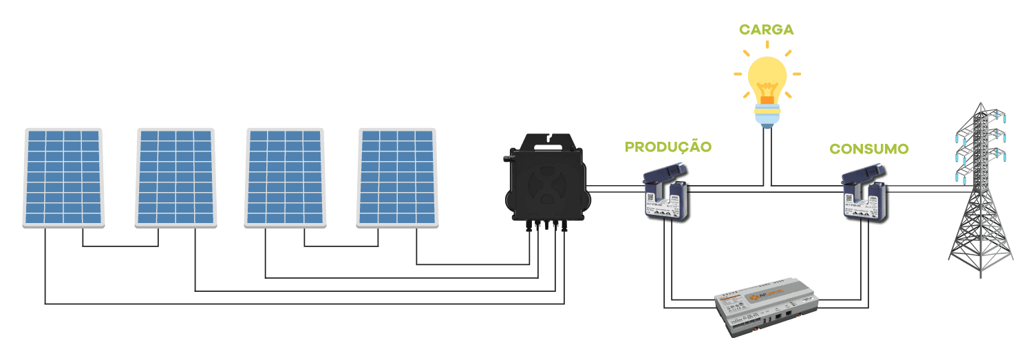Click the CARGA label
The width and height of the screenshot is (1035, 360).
pos(766,30)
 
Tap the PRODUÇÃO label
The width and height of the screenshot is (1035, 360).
pos(668,147)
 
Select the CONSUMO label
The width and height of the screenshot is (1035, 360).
pos(869,149)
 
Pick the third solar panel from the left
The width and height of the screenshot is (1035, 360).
pos(285,177)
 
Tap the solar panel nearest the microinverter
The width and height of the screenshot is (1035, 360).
pos(397,177)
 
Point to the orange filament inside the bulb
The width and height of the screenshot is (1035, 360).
pos(767,96)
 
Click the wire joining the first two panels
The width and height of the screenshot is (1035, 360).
pos(120,246)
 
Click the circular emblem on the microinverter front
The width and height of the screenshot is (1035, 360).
pos(548,186)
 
